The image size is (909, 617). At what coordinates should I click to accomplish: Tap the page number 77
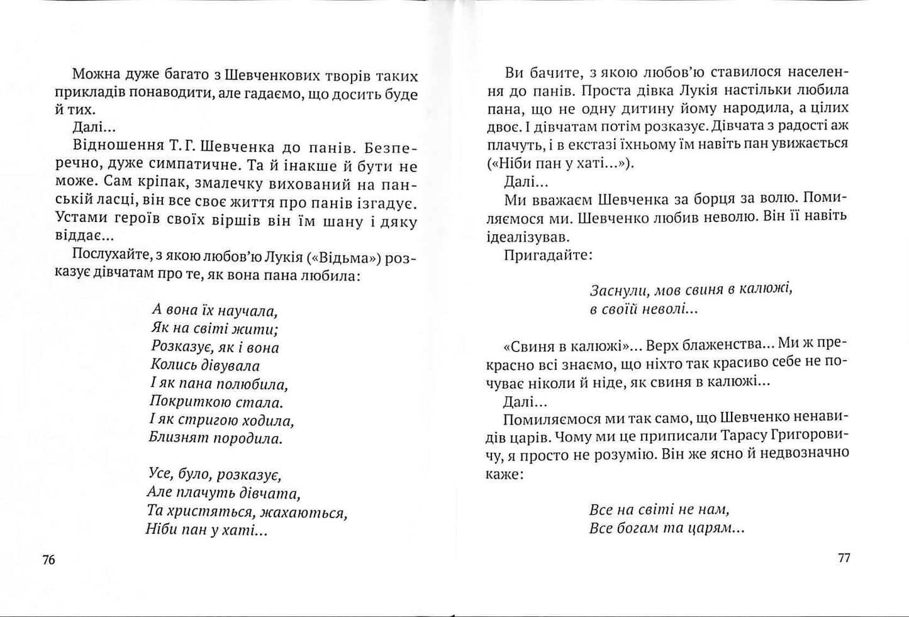coord(844,558)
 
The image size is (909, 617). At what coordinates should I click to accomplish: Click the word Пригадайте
coord(547,256)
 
